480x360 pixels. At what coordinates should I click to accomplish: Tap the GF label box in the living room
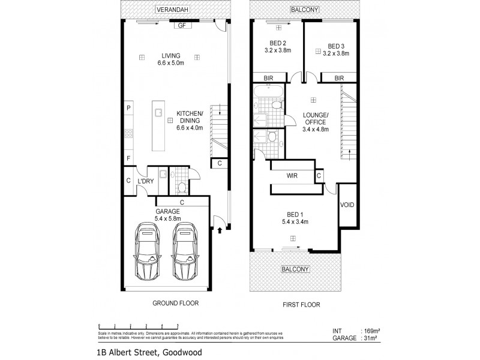tap(181, 26)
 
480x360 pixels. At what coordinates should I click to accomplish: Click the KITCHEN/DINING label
tap(190, 120)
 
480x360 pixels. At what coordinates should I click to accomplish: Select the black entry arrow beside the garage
tap(220, 229)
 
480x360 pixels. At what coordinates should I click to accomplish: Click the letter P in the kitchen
tap(128, 108)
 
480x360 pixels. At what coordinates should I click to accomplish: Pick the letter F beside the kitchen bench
tap(128, 158)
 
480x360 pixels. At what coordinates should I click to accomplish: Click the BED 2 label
tap(278, 46)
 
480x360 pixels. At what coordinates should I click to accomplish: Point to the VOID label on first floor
tap(347, 205)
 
